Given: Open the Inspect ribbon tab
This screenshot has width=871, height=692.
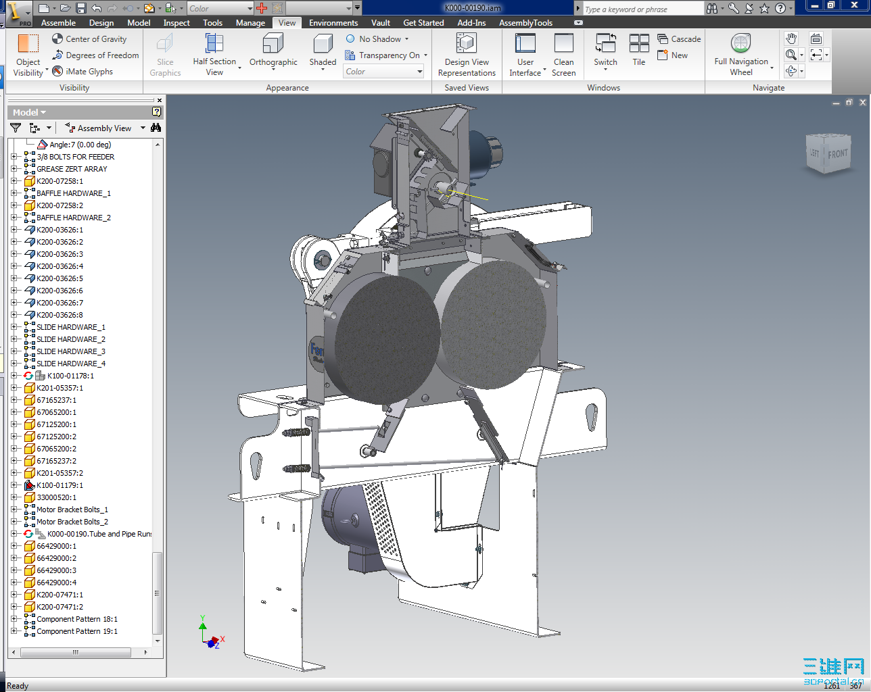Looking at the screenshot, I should point(176,23).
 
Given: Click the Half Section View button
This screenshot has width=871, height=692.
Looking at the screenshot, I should point(214,55).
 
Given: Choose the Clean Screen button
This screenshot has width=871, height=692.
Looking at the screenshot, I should point(563,55).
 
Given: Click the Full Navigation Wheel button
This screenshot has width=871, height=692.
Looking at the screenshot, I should point(741,55).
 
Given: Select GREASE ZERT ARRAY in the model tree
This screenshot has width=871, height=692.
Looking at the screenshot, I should point(72,169).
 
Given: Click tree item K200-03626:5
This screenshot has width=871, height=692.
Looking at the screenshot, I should point(60,278).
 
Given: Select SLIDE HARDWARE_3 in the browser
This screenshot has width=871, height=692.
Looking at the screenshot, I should point(70,351).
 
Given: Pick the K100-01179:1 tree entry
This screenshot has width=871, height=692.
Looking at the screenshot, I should point(60,485).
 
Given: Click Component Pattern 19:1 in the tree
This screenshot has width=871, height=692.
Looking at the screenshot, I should point(76,631).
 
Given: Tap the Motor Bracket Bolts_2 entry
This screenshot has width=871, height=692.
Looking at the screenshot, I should point(72,522).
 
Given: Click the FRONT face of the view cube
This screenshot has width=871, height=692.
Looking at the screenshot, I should point(837,154).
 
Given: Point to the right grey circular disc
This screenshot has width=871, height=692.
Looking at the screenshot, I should point(493,324).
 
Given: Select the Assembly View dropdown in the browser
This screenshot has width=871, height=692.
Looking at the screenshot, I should point(105,128).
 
